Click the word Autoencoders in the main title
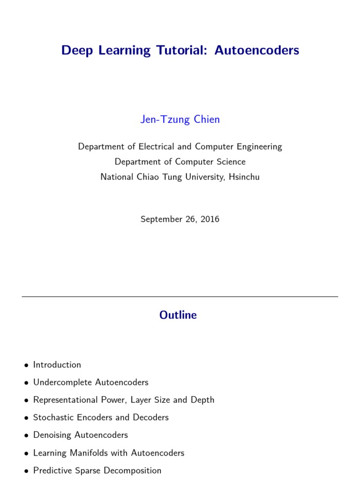[x=257, y=51]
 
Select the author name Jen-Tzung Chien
[x=180, y=120]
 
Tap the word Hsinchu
[x=243, y=177]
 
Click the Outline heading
[x=178, y=315]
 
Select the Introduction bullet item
[x=57, y=365]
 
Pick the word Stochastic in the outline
[x=52, y=418]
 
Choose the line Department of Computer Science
[x=180, y=162]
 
